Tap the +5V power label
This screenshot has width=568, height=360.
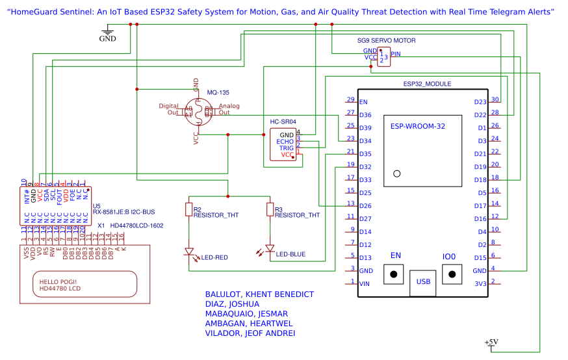click(x=491, y=342)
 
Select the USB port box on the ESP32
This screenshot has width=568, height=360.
click(x=423, y=282)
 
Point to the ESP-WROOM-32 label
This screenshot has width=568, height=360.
click(x=417, y=127)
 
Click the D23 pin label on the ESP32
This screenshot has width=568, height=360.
click(x=480, y=102)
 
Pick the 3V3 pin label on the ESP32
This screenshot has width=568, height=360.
click(x=480, y=283)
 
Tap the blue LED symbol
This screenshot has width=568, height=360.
click(x=270, y=249)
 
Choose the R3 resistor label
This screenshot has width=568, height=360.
click(x=278, y=209)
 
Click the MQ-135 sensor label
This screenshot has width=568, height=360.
click(x=218, y=92)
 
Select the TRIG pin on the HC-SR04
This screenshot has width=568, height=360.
click(x=287, y=148)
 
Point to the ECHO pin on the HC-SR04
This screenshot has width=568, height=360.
click(x=285, y=142)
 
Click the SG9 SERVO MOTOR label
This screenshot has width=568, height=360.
click(x=386, y=40)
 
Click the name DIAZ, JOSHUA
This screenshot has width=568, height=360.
click(x=232, y=303)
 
